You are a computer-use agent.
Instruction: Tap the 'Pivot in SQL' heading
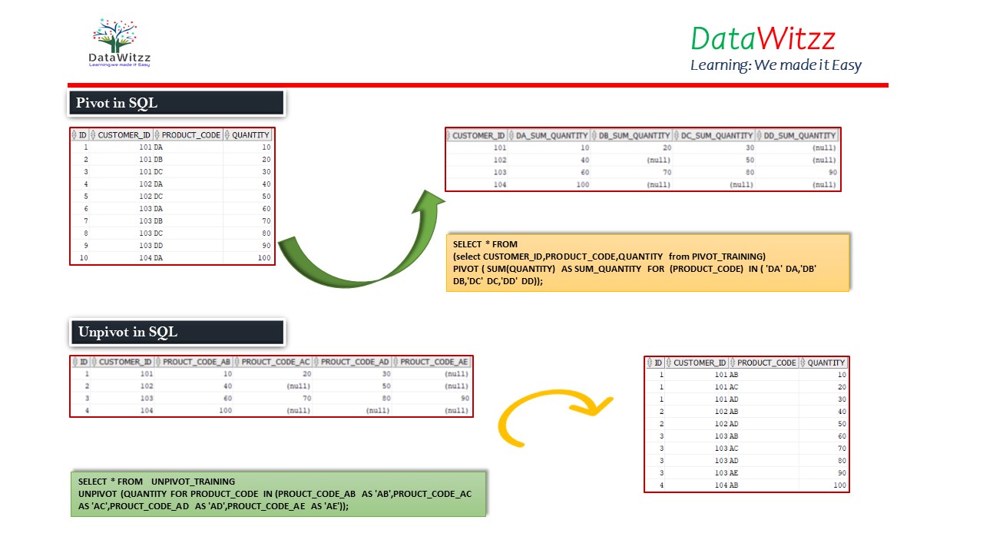click(117, 103)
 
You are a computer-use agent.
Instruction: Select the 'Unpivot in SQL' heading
click(127, 332)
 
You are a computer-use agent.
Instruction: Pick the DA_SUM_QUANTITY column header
click(551, 135)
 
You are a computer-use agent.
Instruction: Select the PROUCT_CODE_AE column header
click(433, 362)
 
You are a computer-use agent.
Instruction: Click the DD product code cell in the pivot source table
click(158, 246)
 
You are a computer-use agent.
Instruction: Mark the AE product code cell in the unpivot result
click(733, 473)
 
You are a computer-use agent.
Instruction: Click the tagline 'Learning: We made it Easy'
click(776, 65)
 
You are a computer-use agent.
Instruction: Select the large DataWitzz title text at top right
click(763, 38)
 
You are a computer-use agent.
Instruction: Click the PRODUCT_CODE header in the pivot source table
click(190, 135)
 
